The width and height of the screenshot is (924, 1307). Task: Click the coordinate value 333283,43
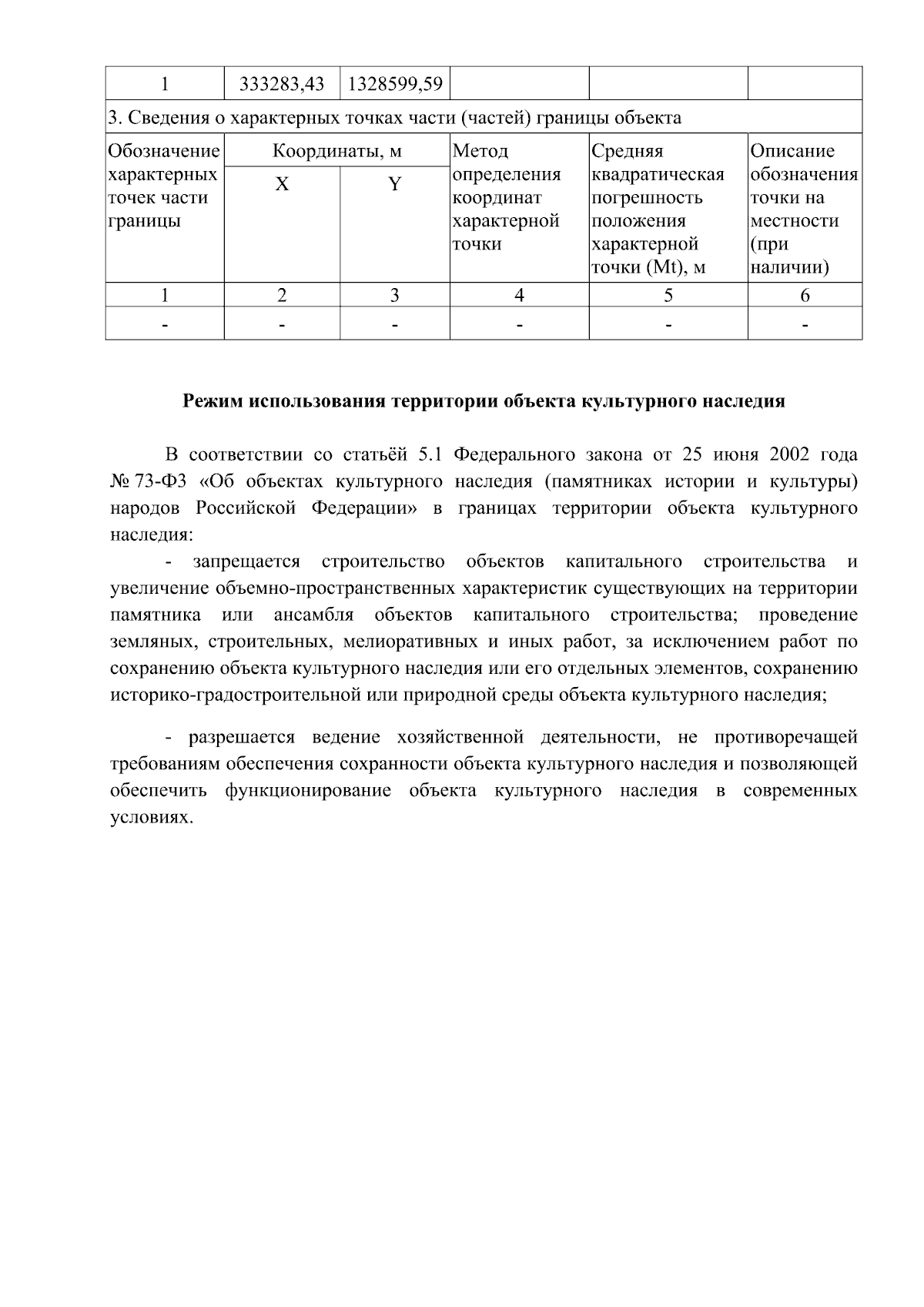tap(282, 84)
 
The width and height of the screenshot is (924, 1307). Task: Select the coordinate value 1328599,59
tap(395, 84)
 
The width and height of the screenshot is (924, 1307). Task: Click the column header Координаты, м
tap(337, 151)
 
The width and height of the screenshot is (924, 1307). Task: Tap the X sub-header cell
tap(283, 185)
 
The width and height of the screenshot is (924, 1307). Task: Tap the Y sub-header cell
tap(395, 185)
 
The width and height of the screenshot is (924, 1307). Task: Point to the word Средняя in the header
tap(627, 151)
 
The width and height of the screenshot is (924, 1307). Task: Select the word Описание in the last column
tap(793, 151)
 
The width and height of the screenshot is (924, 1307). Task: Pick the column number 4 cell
tap(520, 295)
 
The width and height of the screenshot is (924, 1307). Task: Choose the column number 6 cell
tap(805, 295)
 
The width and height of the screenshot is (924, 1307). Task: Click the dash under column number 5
tap(668, 327)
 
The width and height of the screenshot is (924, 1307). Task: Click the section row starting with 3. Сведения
tap(394, 118)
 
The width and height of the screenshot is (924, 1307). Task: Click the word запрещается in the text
tap(246, 561)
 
